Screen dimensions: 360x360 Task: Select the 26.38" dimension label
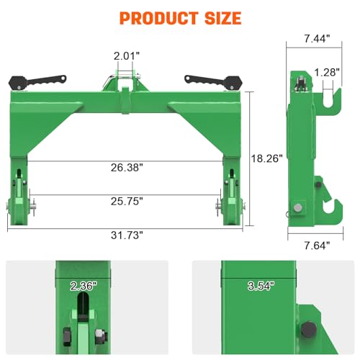click(127, 167)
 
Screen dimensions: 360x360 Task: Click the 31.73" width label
click(127, 235)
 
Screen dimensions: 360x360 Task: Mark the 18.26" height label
click(267, 156)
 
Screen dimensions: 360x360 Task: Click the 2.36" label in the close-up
click(84, 287)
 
